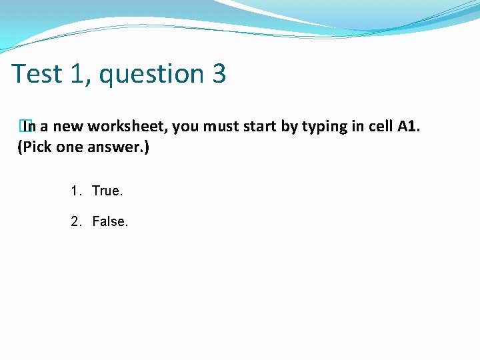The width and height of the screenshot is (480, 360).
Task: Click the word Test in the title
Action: pyautogui.click(x=36, y=73)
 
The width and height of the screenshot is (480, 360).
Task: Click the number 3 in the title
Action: pyautogui.click(x=219, y=73)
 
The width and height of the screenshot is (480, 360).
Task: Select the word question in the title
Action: pyautogui.click(x=153, y=73)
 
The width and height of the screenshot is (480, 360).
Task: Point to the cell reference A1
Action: pyautogui.click(x=408, y=127)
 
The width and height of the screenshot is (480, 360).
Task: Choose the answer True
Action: pyautogui.click(x=107, y=191)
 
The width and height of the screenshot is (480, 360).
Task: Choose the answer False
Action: pyautogui.click(x=110, y=221)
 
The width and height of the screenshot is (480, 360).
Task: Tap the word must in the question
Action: pyautogui.click(x=219, y=127)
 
